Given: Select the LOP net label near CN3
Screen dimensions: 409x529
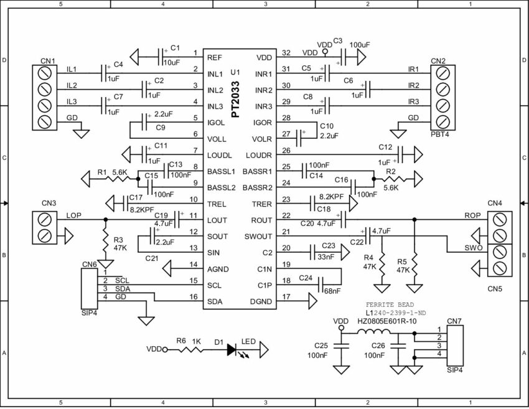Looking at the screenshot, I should click(74, 215).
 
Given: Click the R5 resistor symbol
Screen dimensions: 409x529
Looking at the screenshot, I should click(413, 262).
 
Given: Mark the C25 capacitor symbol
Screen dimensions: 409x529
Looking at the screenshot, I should click(340, 347).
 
